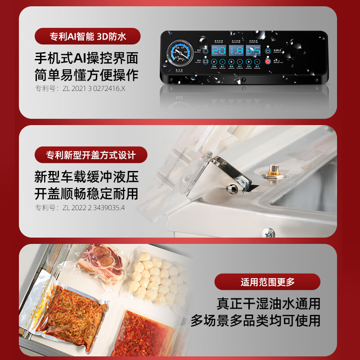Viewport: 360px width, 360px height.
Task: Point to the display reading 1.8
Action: [x=235, y=50]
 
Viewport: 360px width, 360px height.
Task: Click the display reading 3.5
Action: [x=252, y=50]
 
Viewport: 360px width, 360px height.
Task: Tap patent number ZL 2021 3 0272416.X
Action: [x=80, y=89]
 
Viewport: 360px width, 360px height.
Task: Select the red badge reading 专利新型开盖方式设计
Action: [x=91, y=155]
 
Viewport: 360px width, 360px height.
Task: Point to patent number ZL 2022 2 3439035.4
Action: [x=80, y=207]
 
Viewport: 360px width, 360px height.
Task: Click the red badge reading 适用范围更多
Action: [x=267, y=282]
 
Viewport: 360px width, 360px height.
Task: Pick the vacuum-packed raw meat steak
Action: [x=107, y=265]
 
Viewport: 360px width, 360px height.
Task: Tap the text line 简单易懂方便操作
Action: [x=86, y=74]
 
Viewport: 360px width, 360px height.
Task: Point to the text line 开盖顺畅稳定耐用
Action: [x=86, y=193]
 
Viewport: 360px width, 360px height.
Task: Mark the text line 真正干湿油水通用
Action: [x=268, y=304]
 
